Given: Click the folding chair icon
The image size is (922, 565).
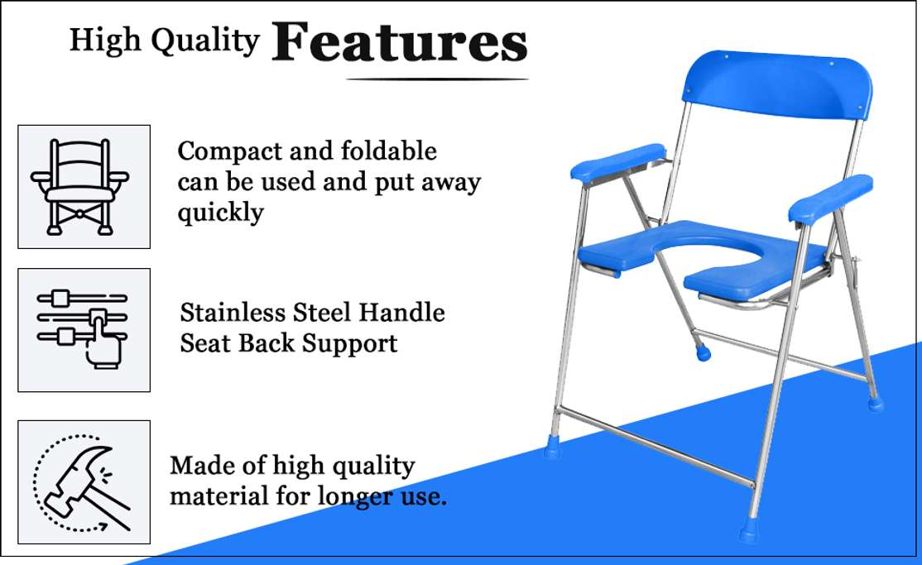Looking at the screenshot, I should (84, 186).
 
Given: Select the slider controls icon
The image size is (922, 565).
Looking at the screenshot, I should (84, 329).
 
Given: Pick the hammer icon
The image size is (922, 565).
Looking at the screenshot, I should (84, 481).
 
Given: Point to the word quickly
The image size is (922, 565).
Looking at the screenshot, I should (220, 213).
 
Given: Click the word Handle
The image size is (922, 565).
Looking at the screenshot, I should (406, 313).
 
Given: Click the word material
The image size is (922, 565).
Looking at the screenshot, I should (215, 496).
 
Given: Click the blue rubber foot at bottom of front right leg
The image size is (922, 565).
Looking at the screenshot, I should (750, 531).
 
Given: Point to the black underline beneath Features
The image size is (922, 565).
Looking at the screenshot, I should (437, 79).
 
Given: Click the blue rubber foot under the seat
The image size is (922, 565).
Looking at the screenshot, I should (702, 353).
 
